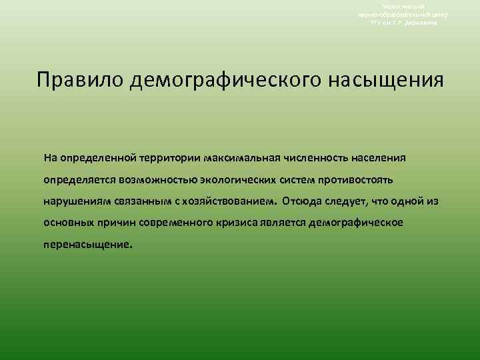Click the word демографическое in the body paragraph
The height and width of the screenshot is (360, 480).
[x=357, y=222]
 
